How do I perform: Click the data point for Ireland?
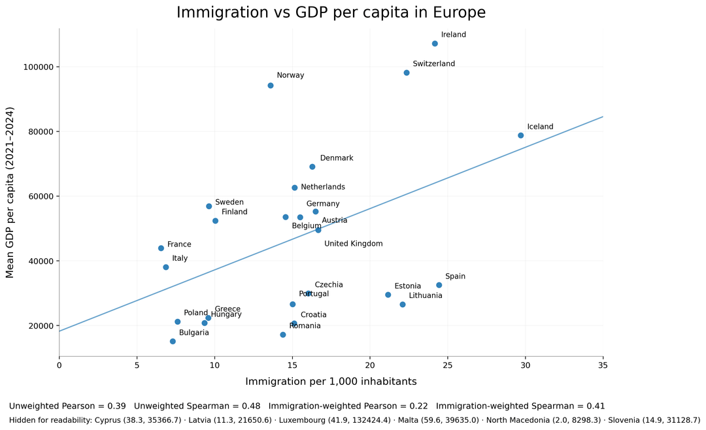435,44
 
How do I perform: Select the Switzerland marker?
407,73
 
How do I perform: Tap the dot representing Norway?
271,86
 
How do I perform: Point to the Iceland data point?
521,135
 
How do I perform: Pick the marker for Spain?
439,285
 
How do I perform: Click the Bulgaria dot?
173,341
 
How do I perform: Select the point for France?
161,248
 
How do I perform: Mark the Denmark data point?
312,167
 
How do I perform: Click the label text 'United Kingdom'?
353,244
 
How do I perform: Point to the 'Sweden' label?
229,203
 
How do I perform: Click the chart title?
331,12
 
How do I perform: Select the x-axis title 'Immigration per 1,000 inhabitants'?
331,382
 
